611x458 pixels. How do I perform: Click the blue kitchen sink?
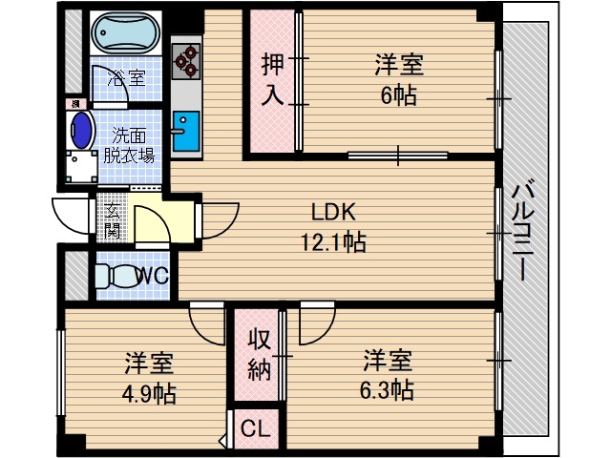point(186,128)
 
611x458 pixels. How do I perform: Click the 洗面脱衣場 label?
point(129,144)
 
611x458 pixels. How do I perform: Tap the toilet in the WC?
point(119,277)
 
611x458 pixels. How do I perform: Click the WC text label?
point(153,277)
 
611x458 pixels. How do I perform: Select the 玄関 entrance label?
point(113,221)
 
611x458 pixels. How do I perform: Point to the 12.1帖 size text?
point(329,242)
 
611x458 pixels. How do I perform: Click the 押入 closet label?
point(273,81)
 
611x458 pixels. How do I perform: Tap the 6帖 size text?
point(398,95)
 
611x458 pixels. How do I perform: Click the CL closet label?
point(254,428)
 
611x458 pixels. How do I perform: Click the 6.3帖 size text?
point(387,390)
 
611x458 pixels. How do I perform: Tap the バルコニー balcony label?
point(523,229)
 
